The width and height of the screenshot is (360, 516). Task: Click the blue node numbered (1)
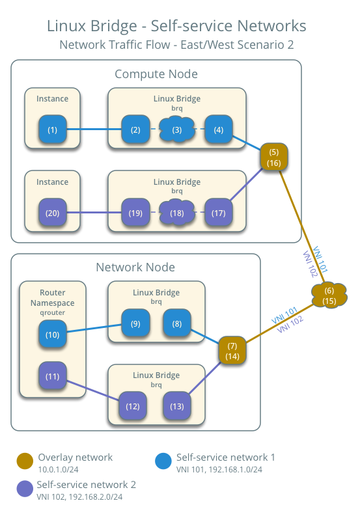(53, 129)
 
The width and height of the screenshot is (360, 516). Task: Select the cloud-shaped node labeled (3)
(176, 129)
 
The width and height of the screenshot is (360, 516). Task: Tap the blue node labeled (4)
(218, 129)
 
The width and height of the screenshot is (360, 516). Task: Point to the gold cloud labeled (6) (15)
(329, 296)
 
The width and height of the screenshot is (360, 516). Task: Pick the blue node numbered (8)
(176, 324)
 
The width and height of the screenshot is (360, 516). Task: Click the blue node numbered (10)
(53, 334)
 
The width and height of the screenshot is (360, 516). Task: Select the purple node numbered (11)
(53, 375)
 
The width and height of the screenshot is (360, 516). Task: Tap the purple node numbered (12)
(133, 406)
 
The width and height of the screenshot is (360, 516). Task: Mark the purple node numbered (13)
(176, 406)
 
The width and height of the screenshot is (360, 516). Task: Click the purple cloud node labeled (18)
(176, 212)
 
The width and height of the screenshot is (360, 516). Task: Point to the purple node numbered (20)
(53, 212)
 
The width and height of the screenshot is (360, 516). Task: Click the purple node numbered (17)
(218, 212)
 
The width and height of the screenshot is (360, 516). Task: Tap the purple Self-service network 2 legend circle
(25, 489)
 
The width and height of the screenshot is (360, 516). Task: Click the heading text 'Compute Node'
(156, 74)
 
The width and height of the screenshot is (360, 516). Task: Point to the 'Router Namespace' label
(53, 297)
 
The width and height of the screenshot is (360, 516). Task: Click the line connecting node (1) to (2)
(95, 129)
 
